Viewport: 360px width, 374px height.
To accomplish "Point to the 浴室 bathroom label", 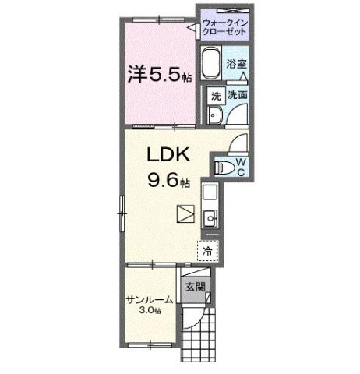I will point(236,65).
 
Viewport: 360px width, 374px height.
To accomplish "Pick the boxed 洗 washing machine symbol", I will point(216,96).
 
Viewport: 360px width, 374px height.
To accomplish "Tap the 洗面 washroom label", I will point(237,95).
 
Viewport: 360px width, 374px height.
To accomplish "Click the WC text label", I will point(242,166).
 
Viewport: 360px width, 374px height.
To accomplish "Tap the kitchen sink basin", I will point(210,218).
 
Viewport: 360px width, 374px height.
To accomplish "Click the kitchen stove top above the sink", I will point(210,192).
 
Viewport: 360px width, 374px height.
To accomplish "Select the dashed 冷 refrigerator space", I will point(208,251).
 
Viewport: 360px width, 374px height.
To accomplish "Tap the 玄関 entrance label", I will point(195,288).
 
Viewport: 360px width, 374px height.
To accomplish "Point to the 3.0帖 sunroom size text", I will point(150,312).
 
